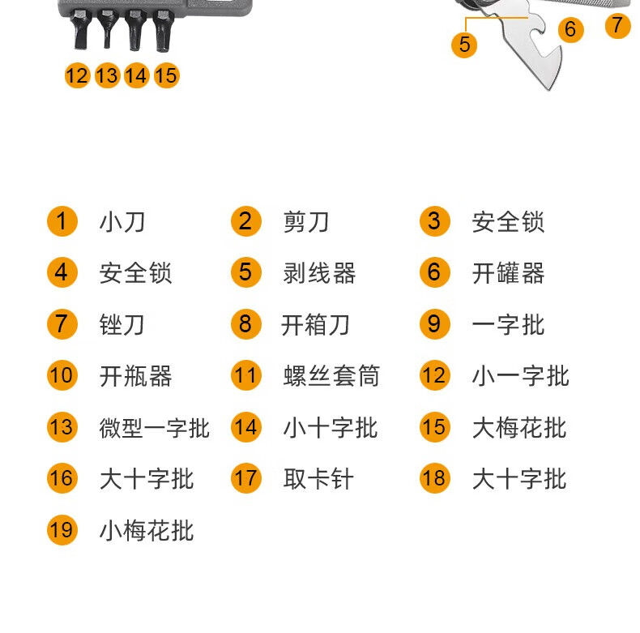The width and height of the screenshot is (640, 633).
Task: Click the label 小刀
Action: (x=122, y=222)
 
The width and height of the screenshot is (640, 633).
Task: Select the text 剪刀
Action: (x=305, y=222)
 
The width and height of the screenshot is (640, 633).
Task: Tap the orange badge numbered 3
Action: (x=434, y=221)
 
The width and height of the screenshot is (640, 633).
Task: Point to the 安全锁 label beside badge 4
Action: (x=135, y=273)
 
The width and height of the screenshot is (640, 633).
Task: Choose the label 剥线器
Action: (x=319, y=273)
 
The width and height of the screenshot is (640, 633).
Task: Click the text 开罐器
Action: (x=508, y=273)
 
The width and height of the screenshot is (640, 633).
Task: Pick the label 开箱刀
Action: (x=315, y=325)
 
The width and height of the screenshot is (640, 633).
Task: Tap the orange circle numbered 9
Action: (x=434, y=324)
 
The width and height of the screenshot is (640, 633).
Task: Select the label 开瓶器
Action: (x=135, y=377)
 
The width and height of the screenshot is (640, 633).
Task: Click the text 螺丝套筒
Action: (x=331, y=377)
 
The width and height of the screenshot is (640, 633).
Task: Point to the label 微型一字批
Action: (x=154, y=428)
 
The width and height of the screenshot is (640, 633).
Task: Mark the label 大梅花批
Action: (x=518, y=428)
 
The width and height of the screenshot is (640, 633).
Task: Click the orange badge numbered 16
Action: (x=62, y=479)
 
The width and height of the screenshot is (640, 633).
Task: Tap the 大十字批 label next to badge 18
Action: (x=518, y=480)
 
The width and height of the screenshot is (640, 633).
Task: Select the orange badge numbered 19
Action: (x=62, y=531)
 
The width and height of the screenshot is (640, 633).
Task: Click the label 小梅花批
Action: (x=147, y=532)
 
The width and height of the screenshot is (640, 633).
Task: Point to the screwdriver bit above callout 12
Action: (x=79, y=30)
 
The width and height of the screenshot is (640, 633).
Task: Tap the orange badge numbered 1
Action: (x=62, y=221)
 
